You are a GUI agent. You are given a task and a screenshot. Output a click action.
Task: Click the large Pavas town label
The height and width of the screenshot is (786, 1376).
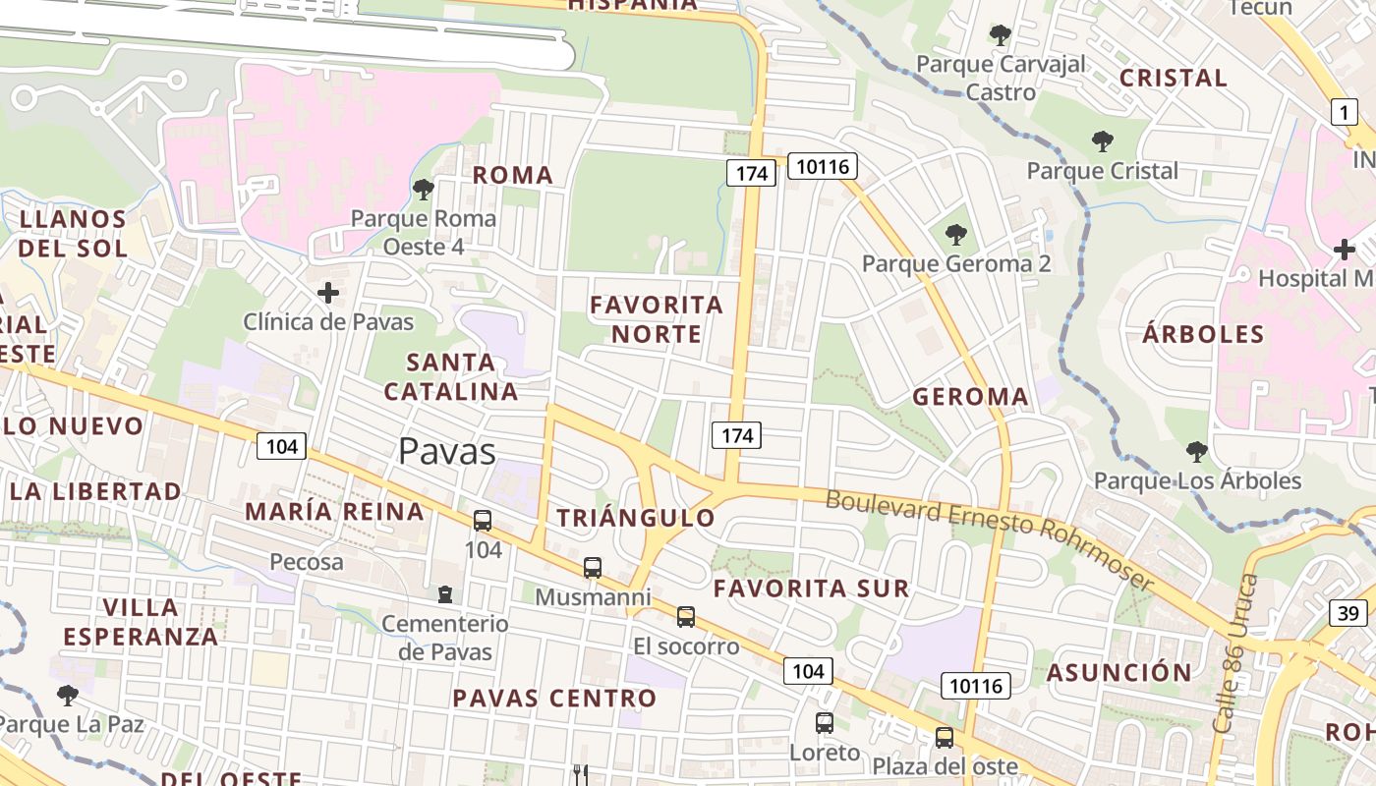point(447,451)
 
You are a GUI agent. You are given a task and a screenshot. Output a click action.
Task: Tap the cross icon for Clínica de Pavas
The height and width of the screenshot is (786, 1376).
point(328,293)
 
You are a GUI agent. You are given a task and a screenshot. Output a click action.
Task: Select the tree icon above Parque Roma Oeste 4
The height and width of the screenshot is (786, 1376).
point(424,189)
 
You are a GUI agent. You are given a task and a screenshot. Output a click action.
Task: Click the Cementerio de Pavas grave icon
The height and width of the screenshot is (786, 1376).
point(445,594)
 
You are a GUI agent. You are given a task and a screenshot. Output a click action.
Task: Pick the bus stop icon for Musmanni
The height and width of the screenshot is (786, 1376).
point(592,568)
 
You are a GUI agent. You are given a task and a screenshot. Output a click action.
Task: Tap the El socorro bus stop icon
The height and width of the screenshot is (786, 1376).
point(685,617)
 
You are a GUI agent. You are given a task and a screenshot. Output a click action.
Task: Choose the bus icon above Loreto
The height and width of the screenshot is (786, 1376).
point(824,723)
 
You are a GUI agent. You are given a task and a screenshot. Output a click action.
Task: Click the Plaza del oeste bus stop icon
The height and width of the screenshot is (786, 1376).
point(944,737)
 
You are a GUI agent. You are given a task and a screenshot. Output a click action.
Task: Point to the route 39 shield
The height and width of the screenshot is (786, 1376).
point(1348,613)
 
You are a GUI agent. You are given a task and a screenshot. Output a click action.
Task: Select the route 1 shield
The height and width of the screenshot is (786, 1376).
point(1344,112)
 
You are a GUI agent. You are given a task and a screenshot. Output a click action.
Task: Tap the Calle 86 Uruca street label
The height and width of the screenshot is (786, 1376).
point(1236,653)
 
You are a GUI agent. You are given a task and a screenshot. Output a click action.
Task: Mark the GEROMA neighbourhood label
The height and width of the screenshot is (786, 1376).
point(970,397)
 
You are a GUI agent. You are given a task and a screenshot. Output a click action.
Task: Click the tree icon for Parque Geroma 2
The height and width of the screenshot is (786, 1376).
point(955,235)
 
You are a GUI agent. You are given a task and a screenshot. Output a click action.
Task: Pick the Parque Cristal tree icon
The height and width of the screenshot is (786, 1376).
point(1102,141)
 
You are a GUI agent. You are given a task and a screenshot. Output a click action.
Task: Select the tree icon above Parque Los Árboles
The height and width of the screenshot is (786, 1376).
point(1196,452)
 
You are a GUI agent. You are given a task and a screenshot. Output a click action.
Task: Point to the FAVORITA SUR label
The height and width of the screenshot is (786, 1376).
point(811,589)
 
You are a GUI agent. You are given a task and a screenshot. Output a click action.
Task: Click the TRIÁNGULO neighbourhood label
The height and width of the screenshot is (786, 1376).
point(636,518)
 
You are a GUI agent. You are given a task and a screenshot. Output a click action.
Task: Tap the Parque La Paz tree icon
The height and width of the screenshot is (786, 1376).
point(68,696)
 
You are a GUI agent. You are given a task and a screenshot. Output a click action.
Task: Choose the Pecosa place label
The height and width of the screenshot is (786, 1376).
point(307,562)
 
